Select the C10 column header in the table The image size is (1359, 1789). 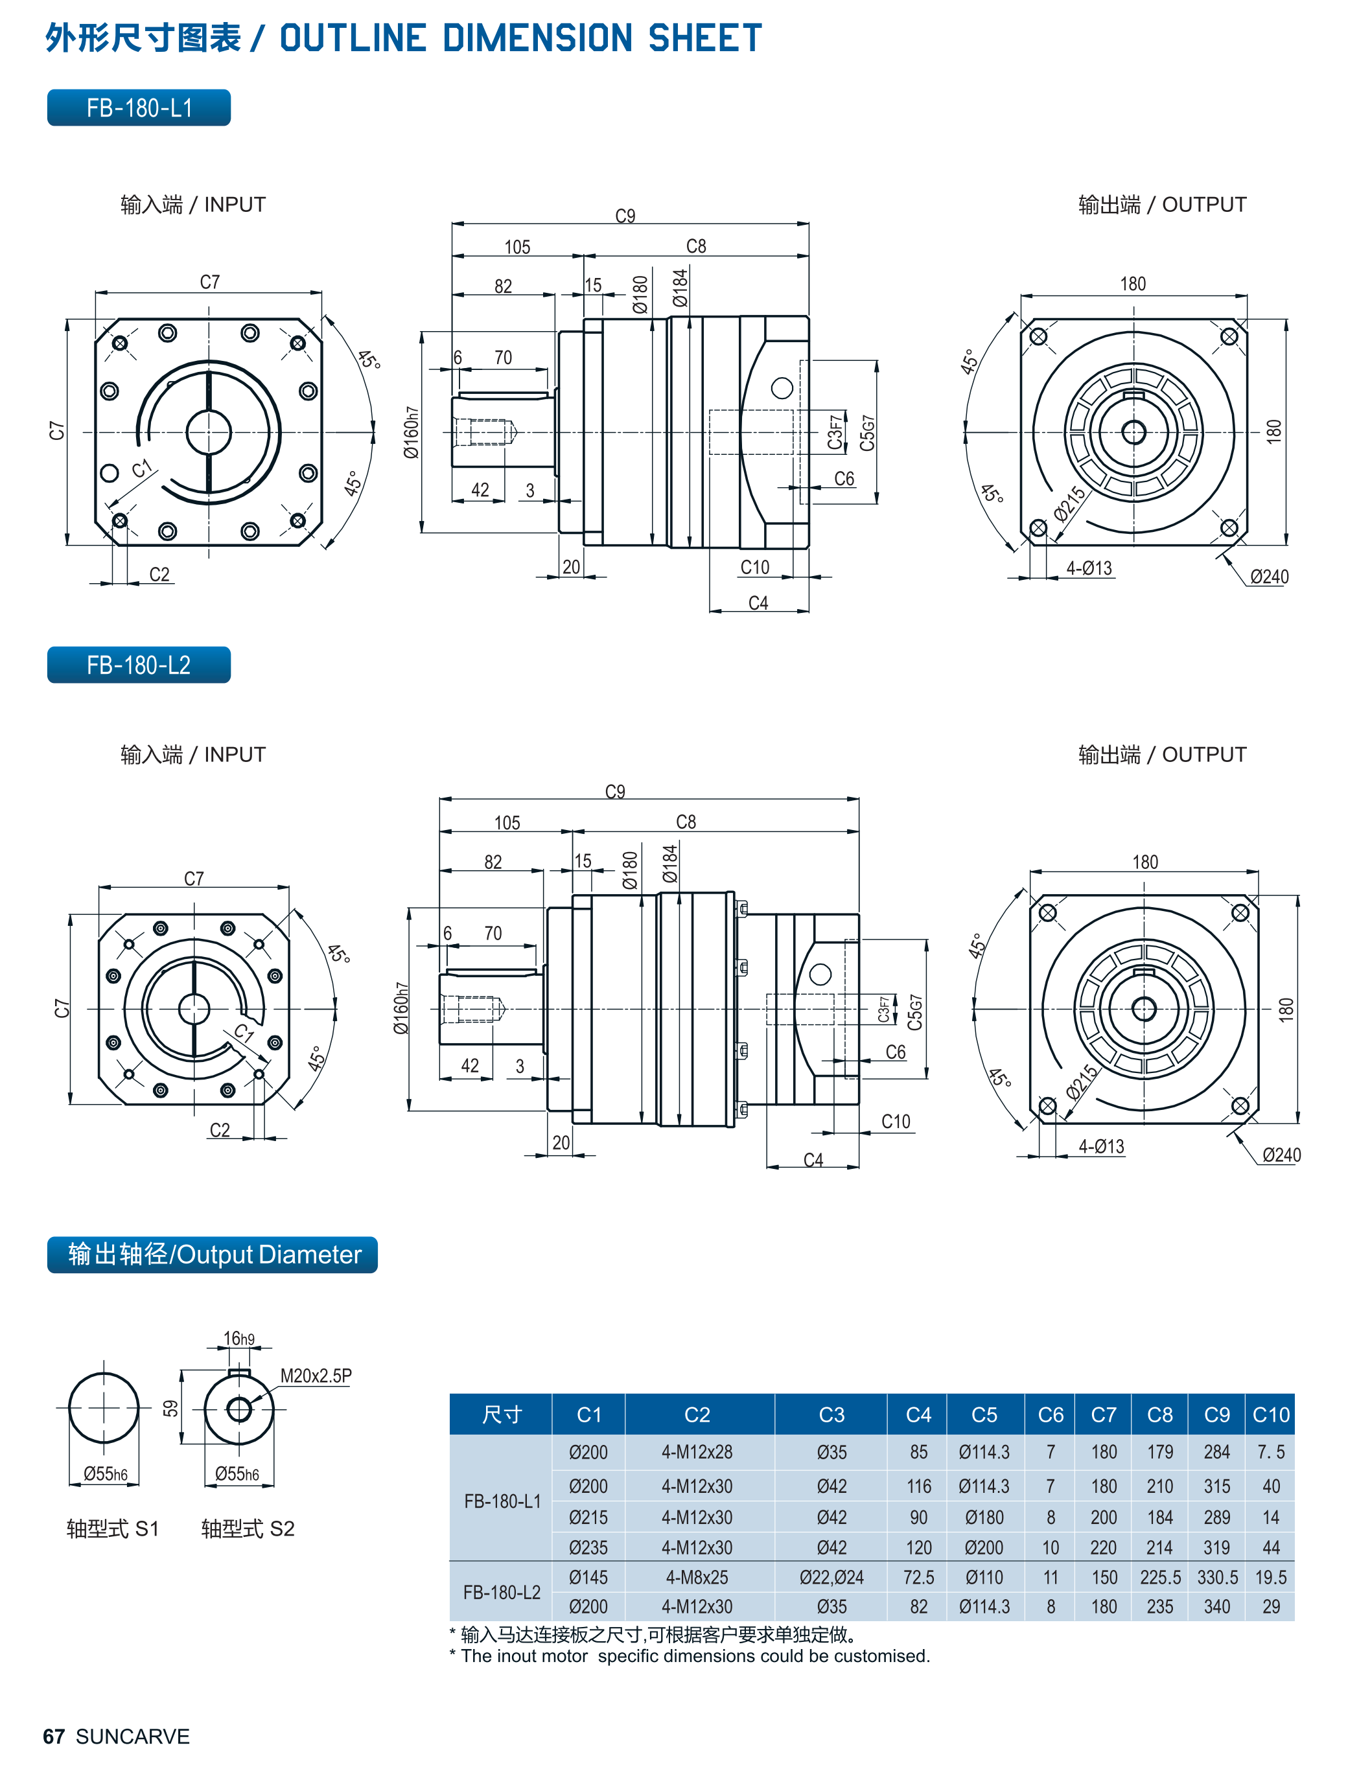[x=1270, y=1414]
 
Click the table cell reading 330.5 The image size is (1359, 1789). [x=1216, y=1577]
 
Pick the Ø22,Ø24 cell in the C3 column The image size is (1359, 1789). [x=831, y=1577]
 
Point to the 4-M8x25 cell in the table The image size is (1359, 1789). [x=697, y=1577]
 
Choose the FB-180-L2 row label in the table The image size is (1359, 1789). [x=502, y=1591]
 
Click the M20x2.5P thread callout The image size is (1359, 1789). [x=316, y=1376]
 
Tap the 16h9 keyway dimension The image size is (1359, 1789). [x=238, y=1339]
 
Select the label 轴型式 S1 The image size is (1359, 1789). [x=113, y=1529]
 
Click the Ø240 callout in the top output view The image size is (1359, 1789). [x=1268, y=577]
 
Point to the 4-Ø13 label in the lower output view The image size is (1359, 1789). [x=1101, y=1146]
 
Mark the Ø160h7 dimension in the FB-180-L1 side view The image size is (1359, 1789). [x=412, y=433]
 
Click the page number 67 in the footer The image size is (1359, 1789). [x=53, y=1737]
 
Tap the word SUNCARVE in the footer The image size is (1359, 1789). [x=133, y=1737]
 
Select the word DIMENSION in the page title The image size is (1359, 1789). [x=537, y=38]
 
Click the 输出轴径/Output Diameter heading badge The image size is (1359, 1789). [x=212, y=1254]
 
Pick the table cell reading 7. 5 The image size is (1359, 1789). [x=1270, y=1452]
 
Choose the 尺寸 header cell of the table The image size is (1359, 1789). [x=502, y=1414]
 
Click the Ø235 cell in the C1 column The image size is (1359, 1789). [x=588, y=1547]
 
